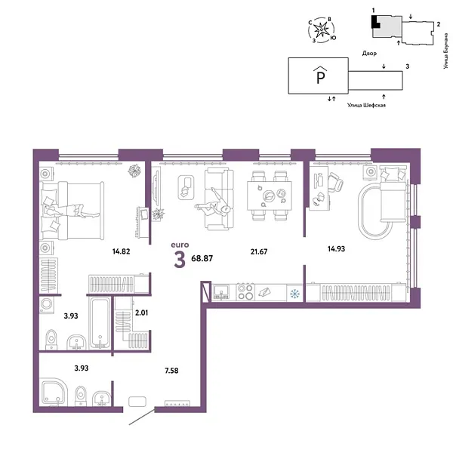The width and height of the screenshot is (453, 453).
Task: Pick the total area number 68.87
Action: (202, 258)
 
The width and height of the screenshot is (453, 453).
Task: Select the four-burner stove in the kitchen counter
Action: (245, 292)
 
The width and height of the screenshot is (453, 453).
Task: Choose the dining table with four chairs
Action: (270, 196)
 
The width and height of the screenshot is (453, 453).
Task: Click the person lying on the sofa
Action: (215, 205)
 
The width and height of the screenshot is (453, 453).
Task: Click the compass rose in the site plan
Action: (324, 31)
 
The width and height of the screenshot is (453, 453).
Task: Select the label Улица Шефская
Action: (367, 107)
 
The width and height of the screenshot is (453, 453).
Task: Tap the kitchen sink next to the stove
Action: (221, 291)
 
